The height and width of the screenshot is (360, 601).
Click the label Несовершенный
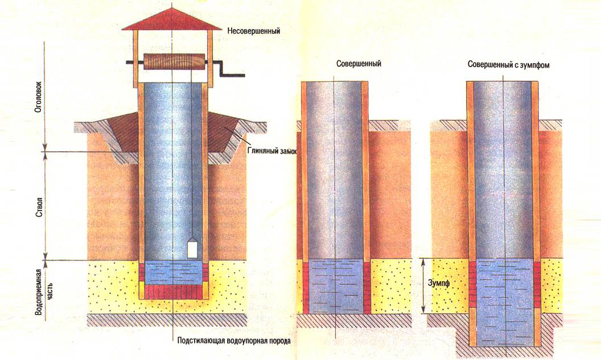(253, 30)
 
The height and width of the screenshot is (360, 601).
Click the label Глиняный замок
(272, 151)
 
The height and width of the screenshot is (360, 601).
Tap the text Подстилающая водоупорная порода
(234, 342)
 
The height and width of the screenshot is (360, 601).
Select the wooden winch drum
(173, 62)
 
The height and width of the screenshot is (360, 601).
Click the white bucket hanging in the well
(192, 248)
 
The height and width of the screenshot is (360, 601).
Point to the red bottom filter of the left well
(173, 292)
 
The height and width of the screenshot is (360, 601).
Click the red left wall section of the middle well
(305, 287)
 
